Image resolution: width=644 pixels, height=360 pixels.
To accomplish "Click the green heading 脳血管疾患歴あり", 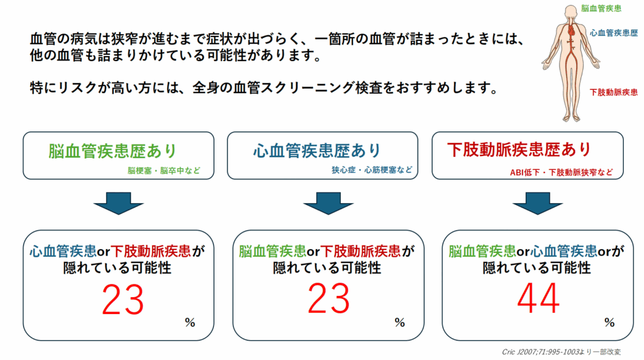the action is click(113, 151).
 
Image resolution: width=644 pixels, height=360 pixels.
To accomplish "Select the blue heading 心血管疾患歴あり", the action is click(317, 151).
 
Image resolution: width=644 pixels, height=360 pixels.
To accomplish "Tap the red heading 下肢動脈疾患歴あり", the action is click(519, 150).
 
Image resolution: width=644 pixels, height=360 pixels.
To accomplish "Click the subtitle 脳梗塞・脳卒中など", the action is click(164, 171).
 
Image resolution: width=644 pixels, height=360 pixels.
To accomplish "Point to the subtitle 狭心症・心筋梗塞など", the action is click(372, 170).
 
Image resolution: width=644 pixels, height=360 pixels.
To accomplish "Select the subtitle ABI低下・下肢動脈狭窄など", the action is click(562, 172).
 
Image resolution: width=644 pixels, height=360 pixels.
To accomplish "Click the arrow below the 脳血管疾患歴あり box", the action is click(119, 203).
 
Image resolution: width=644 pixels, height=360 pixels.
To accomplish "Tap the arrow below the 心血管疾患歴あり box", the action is click(328, 203).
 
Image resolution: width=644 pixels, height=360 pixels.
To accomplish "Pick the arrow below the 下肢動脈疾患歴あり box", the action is click(538, 203).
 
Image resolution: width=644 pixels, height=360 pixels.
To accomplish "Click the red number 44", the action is click(538, 298).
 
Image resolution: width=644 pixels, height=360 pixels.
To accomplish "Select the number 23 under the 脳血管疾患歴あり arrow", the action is click(123, 300).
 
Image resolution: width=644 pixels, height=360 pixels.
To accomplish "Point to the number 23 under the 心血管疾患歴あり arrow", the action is click(328, 298).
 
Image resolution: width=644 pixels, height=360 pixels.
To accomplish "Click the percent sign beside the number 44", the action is click(609, 323).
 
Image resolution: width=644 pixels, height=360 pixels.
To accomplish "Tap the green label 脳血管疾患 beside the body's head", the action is click(601, 9).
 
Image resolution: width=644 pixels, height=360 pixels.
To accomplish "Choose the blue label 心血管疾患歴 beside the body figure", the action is click(614, 33).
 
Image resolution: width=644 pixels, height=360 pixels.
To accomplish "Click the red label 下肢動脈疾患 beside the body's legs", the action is click(614, 92).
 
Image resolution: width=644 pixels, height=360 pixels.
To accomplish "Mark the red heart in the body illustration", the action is click(571, 30).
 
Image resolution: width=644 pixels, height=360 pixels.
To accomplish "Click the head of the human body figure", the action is click(570, 11).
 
